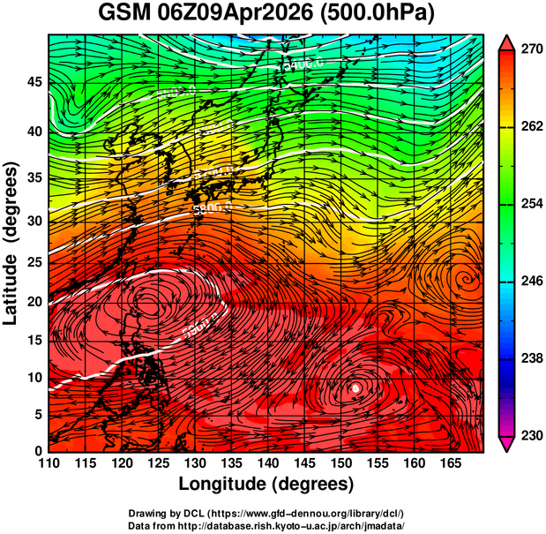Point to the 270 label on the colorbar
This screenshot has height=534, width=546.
click(531, 50)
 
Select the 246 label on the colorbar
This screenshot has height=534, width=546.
click(531, 282)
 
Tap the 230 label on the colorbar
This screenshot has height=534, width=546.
click(531, 435)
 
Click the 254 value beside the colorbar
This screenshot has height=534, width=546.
click(531, 204)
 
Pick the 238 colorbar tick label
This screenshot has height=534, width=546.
click(531, 358)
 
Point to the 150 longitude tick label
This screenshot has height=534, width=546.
click(340, 463)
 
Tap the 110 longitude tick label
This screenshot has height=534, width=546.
click(49, 463)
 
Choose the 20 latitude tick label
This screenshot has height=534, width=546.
click(34, 302)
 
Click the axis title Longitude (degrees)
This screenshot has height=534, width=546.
click(266, 484)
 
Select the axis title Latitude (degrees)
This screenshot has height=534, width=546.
click(12, 243)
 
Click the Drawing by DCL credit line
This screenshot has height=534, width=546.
click(266, 514)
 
